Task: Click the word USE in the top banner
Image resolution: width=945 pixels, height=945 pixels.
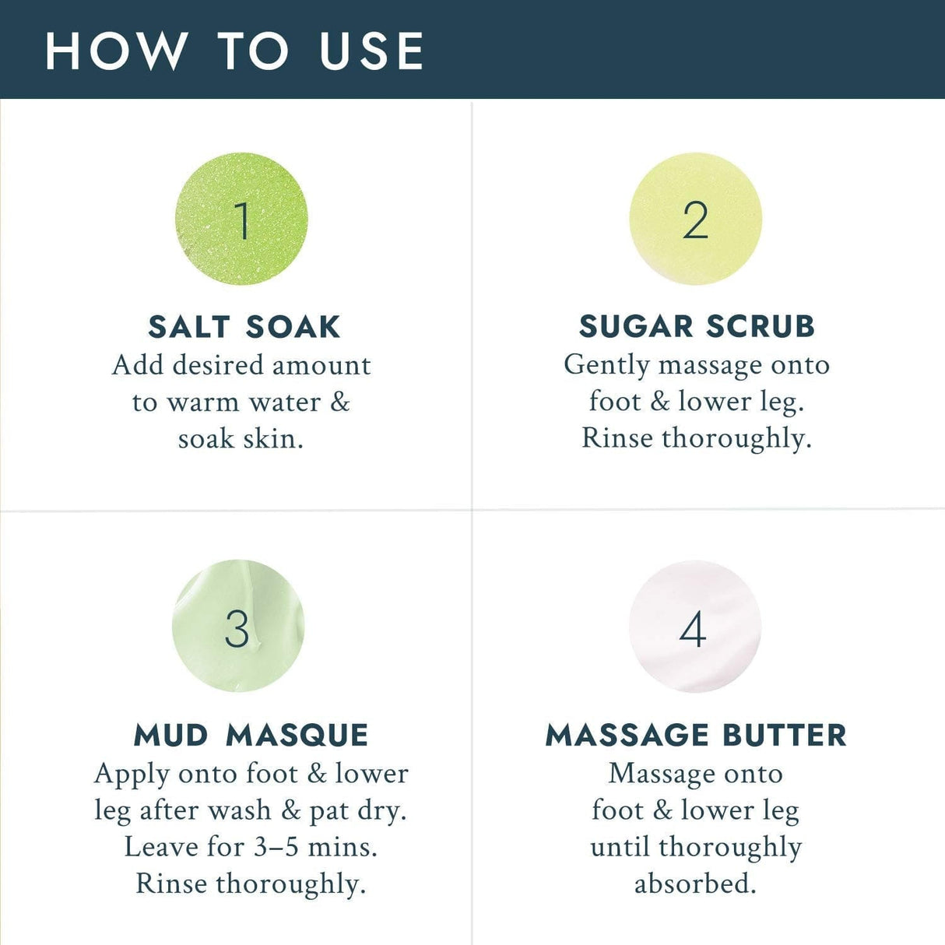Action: click(x=372, y=51)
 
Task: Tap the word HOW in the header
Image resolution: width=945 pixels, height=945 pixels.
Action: click(x=116, y=51)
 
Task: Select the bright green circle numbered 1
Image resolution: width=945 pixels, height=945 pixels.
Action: click(x=241, y=219)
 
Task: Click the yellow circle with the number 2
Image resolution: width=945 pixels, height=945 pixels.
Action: click(x=695, y=219)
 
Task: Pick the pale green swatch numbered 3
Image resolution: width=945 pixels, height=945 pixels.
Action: click(x=237, y=627)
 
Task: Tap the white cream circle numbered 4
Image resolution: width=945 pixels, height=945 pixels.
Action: click(x=694, y=627)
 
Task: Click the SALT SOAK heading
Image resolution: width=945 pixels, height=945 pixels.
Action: click(x=244, y=327)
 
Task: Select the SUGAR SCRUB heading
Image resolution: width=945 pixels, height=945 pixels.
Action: click(x=697, y=326)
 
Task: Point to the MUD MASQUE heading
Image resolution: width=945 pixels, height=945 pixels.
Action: click(x=251, y=735)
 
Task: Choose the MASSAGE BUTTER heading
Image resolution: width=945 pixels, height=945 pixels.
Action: click(x=696, y=735)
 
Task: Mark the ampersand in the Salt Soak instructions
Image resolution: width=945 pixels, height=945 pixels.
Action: click(x=340, y=402)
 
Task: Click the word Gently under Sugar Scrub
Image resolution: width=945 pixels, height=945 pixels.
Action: click(x=607, y=365)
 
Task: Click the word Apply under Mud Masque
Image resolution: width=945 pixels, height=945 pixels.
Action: click(x=132, y=775)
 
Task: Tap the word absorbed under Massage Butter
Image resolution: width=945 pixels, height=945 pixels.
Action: click(x=695, y=884)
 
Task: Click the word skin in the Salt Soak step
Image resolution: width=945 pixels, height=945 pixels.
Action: click(x=272, y=439)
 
